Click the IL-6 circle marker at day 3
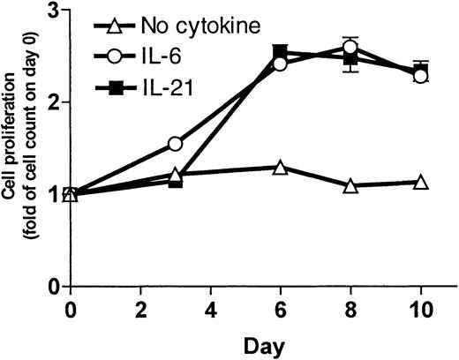click(175, 143)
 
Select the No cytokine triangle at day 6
click(280, 167)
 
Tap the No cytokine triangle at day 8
click(350, 185)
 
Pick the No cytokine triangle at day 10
click(421, 183)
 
